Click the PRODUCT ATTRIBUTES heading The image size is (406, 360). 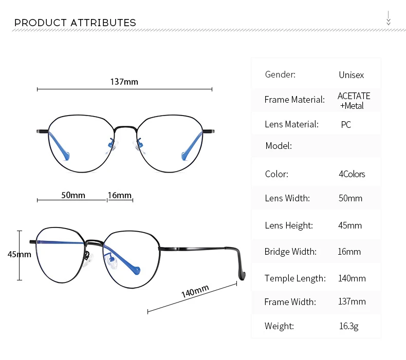click(x=75, y=23)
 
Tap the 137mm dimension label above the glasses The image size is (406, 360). click(x=124, y=82)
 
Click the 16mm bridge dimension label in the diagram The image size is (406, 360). click(x=120, y=195)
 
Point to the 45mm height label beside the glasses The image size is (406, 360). click(x=20, y=254)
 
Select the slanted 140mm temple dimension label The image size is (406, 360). click(x=195, y=291)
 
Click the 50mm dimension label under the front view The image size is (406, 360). click(x=73, y=195)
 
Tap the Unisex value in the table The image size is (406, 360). click(x=352, y=75)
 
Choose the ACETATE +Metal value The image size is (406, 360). click(x=354, y=101)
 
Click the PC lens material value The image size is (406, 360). click(x=346, y=125)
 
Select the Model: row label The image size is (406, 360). click(x=279, y=146)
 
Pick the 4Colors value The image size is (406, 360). click(x=352, y=174)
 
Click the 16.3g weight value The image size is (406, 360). click(x=349, y=326)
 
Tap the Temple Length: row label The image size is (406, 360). click(x=295, y=278)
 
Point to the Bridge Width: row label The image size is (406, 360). click(x=290, y=252)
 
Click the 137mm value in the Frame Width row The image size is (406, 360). click(x=352, y=301)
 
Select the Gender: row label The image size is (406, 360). click(x=280, y=74)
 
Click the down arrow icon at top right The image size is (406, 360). click(x=389, y=18)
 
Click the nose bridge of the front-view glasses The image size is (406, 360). click(x=125, y=127)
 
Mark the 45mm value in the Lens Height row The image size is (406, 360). click(x=350, y=225)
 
